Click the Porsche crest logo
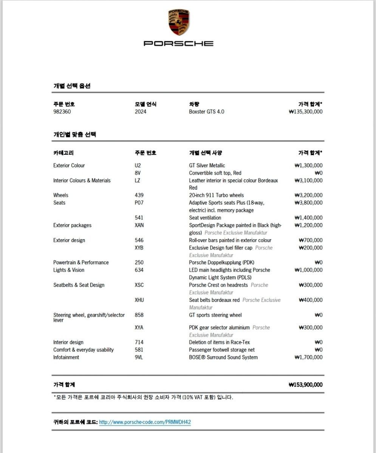(x=179, y=23)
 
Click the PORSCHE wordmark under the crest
(x=178, y=43)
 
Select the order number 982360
(x=62, y=112)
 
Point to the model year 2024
(x=141, y=112)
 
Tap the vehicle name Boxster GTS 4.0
(x=206, y=112)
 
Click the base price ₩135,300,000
(x=305, y=112)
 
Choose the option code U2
(x=138, y=165)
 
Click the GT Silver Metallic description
(x=207, y=165)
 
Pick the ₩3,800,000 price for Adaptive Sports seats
(x=308, y=203)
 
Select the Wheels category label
(x=61, y=195)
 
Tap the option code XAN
(x=139, y=225)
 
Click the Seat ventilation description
(x=205, y=218)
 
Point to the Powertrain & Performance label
(x=81, y=262)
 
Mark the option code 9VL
(x=139, y=357)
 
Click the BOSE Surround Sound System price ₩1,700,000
(x=308, y=357)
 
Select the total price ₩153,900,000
(x=305, y=385)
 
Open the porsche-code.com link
(x=145, y=422)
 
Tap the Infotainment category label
(x=66, y=357)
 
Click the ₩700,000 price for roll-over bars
(x=310, y=240)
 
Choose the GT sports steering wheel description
(x=215, y=315)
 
